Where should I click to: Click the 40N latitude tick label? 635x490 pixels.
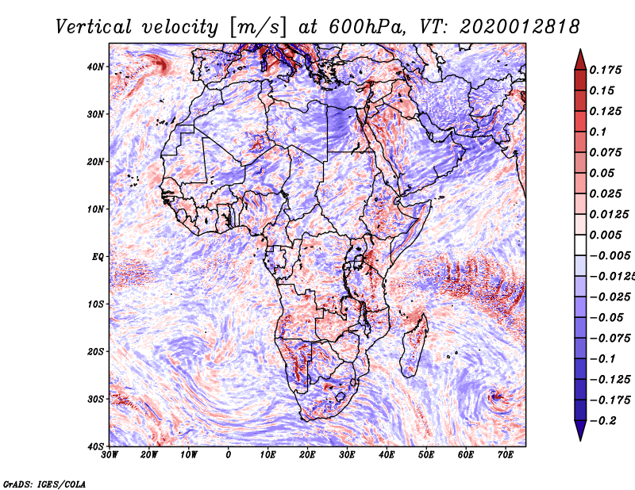click(x=95, y=67)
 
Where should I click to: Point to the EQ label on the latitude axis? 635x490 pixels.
click(x=98, y=257)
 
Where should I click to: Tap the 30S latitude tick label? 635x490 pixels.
click(x=95, y=400)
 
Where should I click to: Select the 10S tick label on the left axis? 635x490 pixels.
click(x=95, y=304)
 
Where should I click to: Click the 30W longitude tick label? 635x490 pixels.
click(x=110, y=455)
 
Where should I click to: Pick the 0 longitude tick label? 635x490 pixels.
click(x=229, y=455)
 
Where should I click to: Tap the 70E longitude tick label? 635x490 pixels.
click(x=506, y=455)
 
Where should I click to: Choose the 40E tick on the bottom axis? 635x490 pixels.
click(x=387, y=455)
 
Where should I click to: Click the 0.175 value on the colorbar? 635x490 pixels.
click(x=606, y=70)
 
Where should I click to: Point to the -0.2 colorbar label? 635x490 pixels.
click(x=603, y=421)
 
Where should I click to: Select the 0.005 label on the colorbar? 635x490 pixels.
click(x=606, y=235)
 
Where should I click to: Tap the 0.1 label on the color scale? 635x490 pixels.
click(x=598, y=132)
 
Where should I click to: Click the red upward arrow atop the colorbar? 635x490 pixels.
click(x=580, y=60)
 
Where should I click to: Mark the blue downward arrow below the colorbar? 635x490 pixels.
click(x=580, y=431)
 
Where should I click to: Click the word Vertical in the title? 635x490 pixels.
click(x=94, y=27)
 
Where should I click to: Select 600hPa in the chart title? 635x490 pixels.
click(x=368, y=27)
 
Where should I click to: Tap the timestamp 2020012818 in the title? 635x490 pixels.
click(x=520, y=27)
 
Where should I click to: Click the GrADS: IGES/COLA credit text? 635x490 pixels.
click(x=44, y=484)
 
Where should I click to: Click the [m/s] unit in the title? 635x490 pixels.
click(x=259, y=27)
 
